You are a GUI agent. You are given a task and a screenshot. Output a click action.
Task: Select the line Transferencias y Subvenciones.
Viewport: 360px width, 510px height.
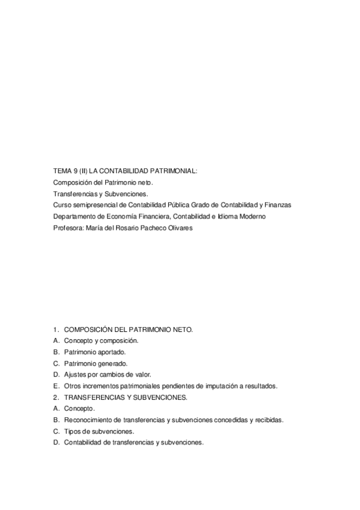tap(100, 194)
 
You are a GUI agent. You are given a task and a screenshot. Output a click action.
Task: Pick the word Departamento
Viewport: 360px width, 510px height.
tap(73, 217)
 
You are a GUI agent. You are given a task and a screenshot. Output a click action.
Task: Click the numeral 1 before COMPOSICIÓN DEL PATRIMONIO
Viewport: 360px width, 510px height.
tap(55, 330)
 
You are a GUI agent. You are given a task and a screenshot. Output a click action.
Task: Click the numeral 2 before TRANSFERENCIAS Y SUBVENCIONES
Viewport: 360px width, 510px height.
tap(55, 398)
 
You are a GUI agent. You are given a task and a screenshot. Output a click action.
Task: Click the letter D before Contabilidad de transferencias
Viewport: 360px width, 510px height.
tap(56, 443)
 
